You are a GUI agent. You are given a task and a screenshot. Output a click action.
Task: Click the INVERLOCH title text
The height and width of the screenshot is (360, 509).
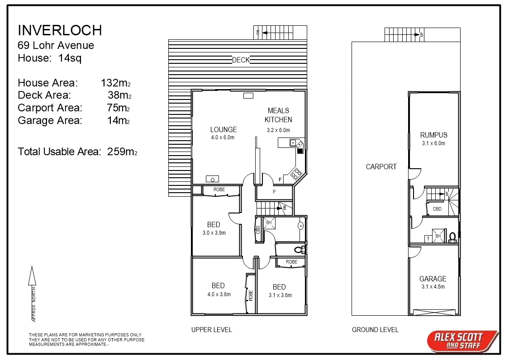click(60, 30)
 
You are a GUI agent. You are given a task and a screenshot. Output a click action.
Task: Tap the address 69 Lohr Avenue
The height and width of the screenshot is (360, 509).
click(56, 45)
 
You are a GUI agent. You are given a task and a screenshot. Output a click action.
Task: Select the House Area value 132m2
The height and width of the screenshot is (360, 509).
click(116, 83)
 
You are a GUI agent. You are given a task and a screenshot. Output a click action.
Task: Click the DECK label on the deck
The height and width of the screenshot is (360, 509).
click(241, 60)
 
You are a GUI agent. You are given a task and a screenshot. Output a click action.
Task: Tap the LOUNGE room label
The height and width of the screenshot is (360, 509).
click(223, 130)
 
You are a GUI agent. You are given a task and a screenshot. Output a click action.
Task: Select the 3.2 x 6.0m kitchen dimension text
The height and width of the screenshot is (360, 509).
click(278, 130)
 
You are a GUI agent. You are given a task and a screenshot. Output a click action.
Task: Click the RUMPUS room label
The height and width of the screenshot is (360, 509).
click(433, 135)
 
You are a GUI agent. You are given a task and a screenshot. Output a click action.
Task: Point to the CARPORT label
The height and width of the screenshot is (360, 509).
click(381, 166)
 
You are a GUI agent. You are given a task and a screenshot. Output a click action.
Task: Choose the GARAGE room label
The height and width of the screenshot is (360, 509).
click(433, 279)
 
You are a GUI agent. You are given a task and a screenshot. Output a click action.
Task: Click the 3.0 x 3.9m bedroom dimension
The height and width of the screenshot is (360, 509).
click(214, 233)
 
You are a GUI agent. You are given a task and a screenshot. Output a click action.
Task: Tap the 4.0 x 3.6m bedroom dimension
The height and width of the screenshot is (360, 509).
click(219, 294)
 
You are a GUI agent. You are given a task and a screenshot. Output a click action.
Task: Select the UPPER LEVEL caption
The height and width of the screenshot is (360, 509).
click(211, 330)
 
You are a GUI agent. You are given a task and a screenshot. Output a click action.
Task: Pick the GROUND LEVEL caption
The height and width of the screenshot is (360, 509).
click(375, 330)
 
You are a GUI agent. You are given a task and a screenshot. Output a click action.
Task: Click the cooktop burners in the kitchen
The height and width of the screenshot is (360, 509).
click(296, 173)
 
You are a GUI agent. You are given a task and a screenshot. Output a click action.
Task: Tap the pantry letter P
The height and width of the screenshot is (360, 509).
click(274, 192)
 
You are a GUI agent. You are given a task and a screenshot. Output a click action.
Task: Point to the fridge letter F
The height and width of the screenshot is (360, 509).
click(280, 180)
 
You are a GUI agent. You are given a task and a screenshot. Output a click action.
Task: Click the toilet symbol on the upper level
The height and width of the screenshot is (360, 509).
click(298, 249)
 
